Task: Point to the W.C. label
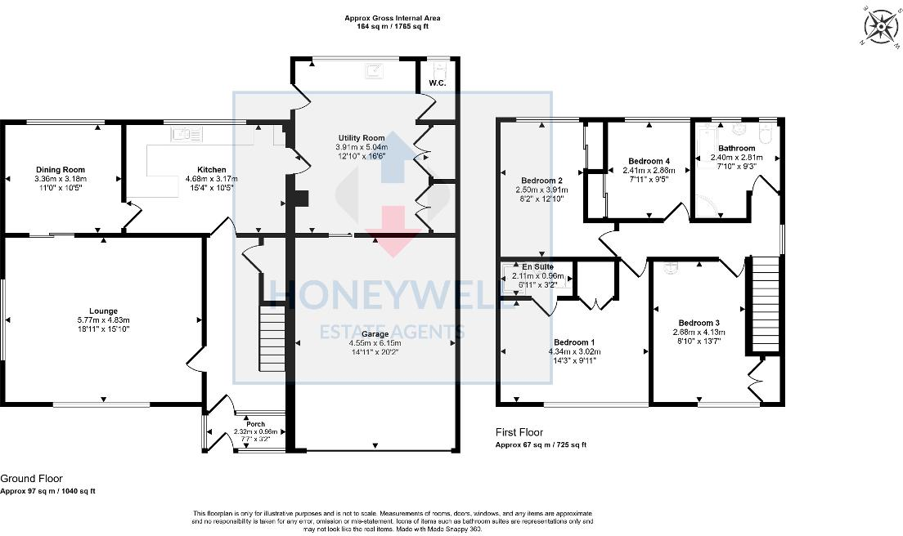[436, 83]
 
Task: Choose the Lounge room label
[104, 310]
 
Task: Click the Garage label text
[375, 333]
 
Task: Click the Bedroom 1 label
[574, 342]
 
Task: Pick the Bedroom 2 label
[541, 181]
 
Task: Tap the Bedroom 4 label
[650, 161]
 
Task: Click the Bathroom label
[736, 148]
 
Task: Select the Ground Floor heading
[31, 479]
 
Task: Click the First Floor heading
[519, 432]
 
